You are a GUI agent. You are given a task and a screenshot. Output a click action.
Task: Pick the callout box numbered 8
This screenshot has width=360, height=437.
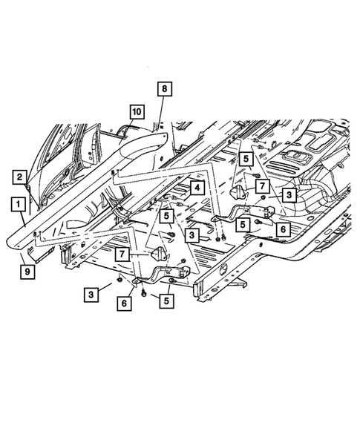coord(164,89)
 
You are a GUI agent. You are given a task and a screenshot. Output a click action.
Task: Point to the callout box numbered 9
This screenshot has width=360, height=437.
coord(26,272)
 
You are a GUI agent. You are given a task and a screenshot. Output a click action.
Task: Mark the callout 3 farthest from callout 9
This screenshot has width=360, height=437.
coord(287,194)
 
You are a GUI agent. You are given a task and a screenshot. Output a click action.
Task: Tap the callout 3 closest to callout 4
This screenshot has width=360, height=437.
coord(192,236)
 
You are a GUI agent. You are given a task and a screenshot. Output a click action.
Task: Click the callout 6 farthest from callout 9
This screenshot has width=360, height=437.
coord(282,229)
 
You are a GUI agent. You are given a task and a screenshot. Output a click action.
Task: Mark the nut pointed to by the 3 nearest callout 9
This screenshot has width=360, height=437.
coord(119,283)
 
